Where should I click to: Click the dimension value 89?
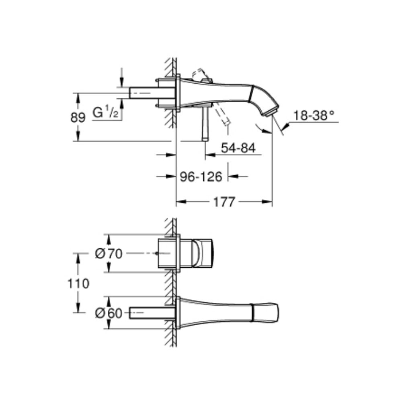click(78, 118)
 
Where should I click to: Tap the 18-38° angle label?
click(314, 115)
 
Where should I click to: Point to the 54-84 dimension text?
click(238, 148)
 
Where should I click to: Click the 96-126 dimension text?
click(201, 176)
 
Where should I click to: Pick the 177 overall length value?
click(224, 202)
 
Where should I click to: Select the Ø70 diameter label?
click(109, 254)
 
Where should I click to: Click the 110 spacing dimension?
click(78, 283)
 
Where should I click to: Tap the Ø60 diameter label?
click(109, 313)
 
